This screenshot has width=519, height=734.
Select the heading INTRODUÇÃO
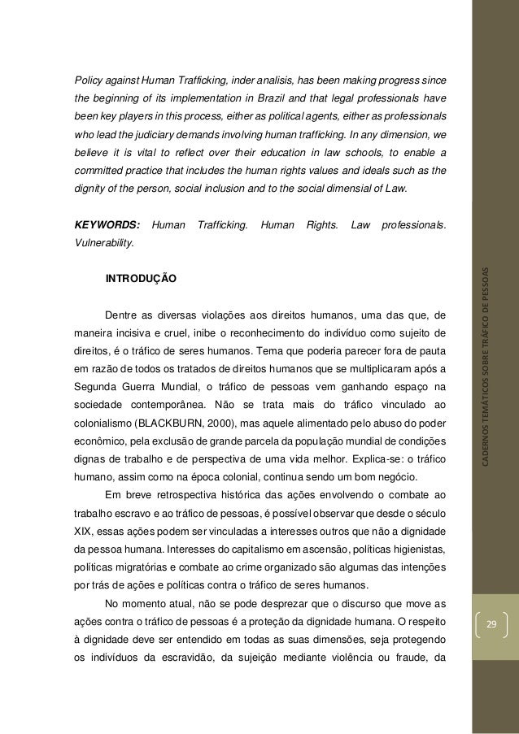(x=139, y=278)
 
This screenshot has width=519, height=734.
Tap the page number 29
(x=490, y=623)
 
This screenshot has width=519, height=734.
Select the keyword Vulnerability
(x=106, y=242)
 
